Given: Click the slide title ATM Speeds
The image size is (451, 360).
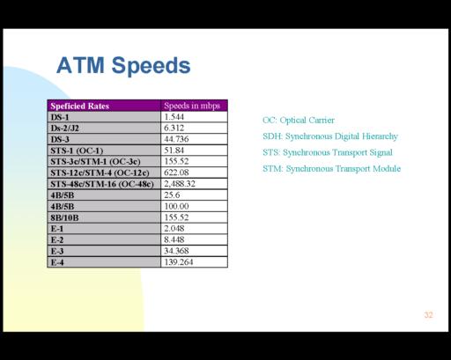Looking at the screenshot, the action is [x=123, y=66].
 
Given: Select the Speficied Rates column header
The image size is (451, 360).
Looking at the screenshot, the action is [x=79, y=106].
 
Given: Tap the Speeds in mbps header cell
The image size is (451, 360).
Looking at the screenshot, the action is [x=192, y=106].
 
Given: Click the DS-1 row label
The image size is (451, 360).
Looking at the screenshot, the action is [x=60, y=117].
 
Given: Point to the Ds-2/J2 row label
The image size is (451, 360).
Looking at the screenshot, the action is [x=64, y=129].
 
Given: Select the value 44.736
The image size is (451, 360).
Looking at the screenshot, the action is [x=176, y=139].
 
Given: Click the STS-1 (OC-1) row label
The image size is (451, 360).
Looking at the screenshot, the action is [x=77, y=151].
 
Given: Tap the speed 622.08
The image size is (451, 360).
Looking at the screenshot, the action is [x=176, y=173].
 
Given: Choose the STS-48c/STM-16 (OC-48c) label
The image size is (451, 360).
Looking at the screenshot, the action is [x=102, y=184].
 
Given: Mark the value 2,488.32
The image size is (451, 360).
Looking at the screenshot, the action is [x=180, y=184].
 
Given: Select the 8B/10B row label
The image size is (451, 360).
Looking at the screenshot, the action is [x=64, y=217].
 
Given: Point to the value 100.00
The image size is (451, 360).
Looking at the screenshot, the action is [x=176, y=206].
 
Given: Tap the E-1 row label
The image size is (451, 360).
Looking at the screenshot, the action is [x=57, y=229].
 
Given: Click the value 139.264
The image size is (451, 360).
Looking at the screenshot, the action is [x=179, y=262].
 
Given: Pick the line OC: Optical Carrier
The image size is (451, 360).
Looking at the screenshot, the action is [x=299, y=120].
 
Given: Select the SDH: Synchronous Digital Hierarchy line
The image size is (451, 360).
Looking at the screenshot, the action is [x=330, y=136].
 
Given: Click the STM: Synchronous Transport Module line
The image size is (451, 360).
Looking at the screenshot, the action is [x=331, y=169].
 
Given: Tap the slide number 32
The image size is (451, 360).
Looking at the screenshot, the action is [x=428, y=315].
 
